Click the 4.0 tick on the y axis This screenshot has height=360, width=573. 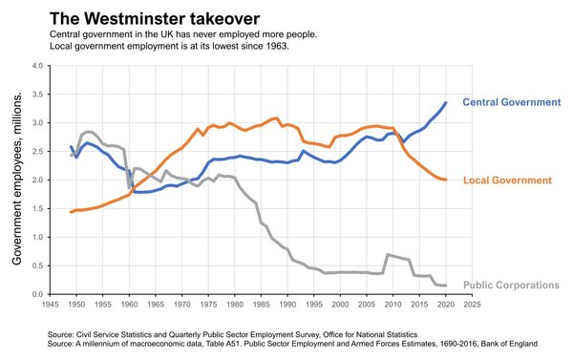38,66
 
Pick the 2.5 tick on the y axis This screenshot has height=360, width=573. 38,152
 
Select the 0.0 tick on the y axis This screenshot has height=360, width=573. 38,294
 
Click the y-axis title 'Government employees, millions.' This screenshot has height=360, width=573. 17,180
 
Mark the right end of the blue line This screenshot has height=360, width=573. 447,102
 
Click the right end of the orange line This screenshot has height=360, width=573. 447,180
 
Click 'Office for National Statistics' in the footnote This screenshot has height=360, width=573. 349,333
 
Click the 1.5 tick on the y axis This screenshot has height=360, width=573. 38,209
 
